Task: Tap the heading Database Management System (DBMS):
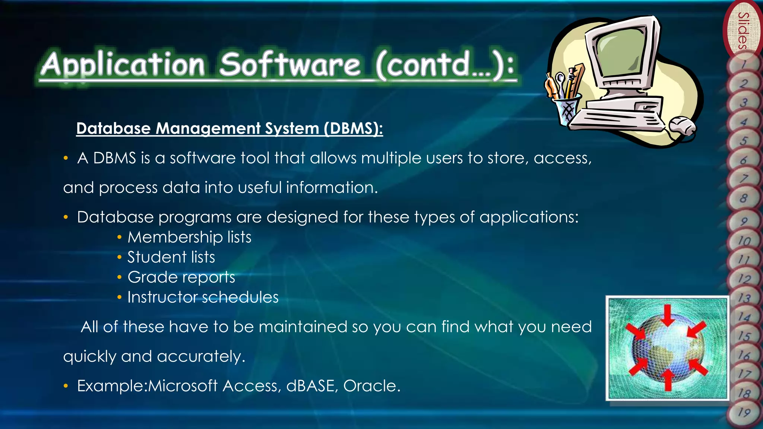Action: [229, 128]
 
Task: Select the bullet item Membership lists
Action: [189, 237]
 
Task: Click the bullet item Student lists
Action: [171, 257]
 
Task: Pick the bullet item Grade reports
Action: [181, 277]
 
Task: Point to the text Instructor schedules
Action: [203, 298]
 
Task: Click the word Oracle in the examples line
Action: [371, 386]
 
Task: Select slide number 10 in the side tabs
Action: [744, 241]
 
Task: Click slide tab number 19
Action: [744, 413]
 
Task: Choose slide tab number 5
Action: [744, 141]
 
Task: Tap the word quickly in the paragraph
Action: [89, 357]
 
